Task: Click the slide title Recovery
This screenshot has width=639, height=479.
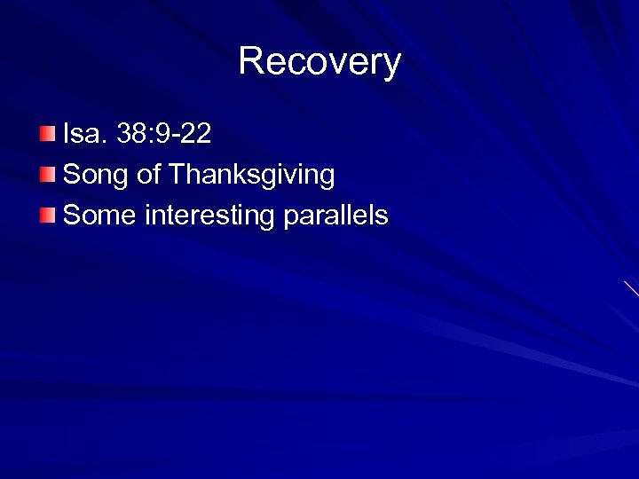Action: [319, 62]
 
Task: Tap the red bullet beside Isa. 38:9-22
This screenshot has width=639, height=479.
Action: [48, 135]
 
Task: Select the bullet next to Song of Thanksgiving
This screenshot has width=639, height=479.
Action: [48, 174]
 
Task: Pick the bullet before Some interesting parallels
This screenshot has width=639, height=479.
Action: [48, 215]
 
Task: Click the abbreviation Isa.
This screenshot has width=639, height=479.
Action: [84, 135]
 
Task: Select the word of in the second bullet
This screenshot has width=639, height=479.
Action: [148, 175]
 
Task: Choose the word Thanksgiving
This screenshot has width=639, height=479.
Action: [251, 175]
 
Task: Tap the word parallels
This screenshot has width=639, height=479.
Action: [335, 215]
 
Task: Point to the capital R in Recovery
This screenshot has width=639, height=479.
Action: [250, 62]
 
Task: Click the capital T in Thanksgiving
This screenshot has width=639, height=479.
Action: [175, 174]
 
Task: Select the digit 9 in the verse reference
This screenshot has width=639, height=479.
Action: [163, 135]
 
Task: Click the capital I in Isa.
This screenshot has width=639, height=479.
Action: [67, 135]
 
